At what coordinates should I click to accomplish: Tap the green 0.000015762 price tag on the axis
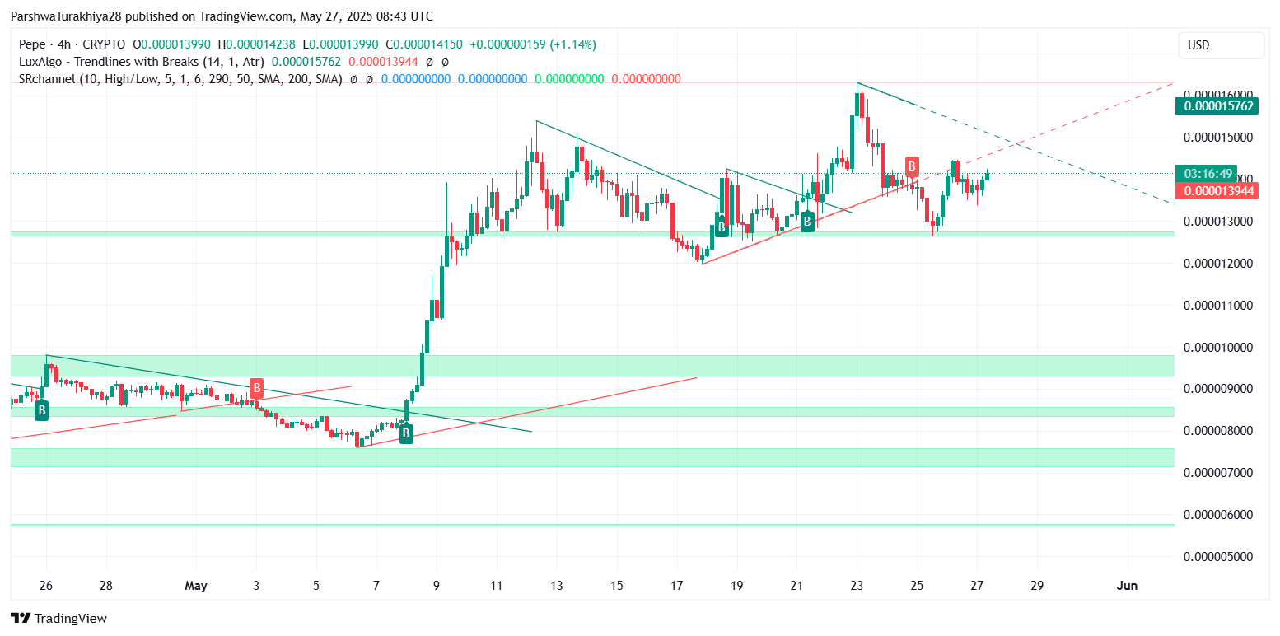tap(1218, 105)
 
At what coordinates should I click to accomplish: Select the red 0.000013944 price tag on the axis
tap(1218, 191)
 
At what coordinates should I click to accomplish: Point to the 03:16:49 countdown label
tap(1208, 174)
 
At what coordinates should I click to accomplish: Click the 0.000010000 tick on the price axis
tap(1218, 347)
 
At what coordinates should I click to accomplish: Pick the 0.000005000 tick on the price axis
tap(1218, 556)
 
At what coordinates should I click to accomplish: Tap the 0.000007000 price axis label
tap(1218, 473)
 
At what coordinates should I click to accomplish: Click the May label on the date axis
tap(196, 586)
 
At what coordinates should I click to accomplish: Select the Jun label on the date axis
tap(1127, 586)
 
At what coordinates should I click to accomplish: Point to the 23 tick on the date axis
tap(857, 586)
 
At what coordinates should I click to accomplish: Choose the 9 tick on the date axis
tap(437, 586)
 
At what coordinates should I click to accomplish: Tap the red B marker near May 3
tap(257, 387)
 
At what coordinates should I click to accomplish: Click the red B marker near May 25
tap(912, 166)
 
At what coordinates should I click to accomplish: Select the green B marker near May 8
tap(406, 434)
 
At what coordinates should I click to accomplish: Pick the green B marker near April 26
tap(41, 409)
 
